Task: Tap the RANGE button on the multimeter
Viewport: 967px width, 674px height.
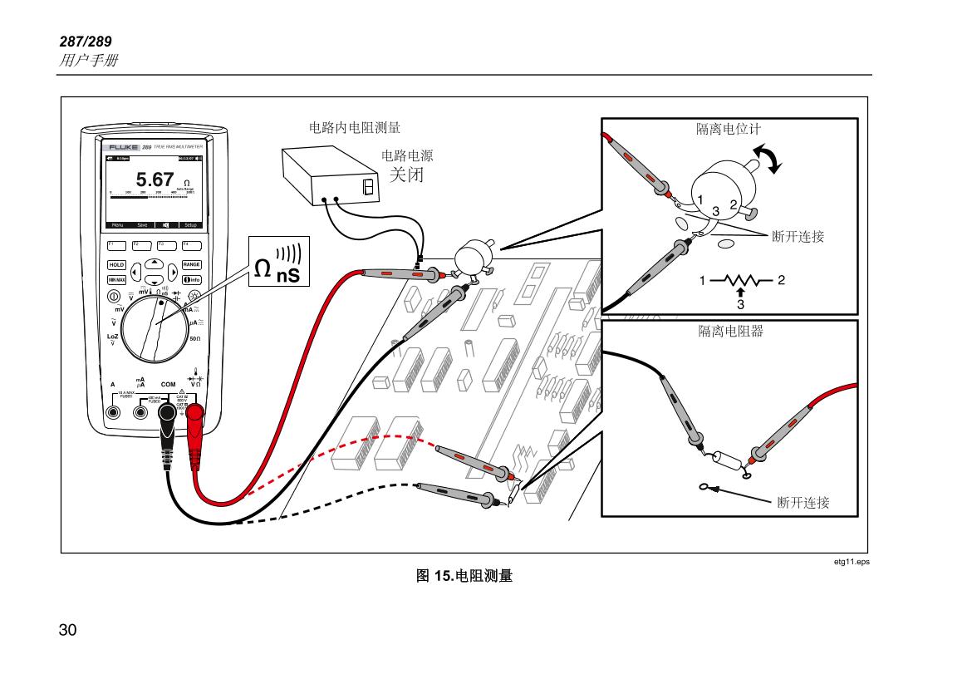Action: (x=191, y=264)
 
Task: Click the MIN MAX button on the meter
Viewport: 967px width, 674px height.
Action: (x=115, y=279)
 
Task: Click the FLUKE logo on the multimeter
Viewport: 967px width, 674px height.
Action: (x=123, y=147)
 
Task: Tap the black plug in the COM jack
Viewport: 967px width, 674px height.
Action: (x=168, y=413)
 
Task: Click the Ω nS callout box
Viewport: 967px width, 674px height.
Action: (x=277, y=261)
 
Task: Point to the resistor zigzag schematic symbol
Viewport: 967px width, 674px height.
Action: (x=739, y=280)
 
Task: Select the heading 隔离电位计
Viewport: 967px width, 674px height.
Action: (x=728, y=130)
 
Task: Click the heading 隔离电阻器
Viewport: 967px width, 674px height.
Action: (x=730, y=331)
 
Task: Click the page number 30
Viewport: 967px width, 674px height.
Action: (x=68, y=629)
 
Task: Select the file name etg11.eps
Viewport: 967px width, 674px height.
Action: (x=852, y=562)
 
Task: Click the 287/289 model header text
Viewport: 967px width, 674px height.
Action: (x=85, y=42)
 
